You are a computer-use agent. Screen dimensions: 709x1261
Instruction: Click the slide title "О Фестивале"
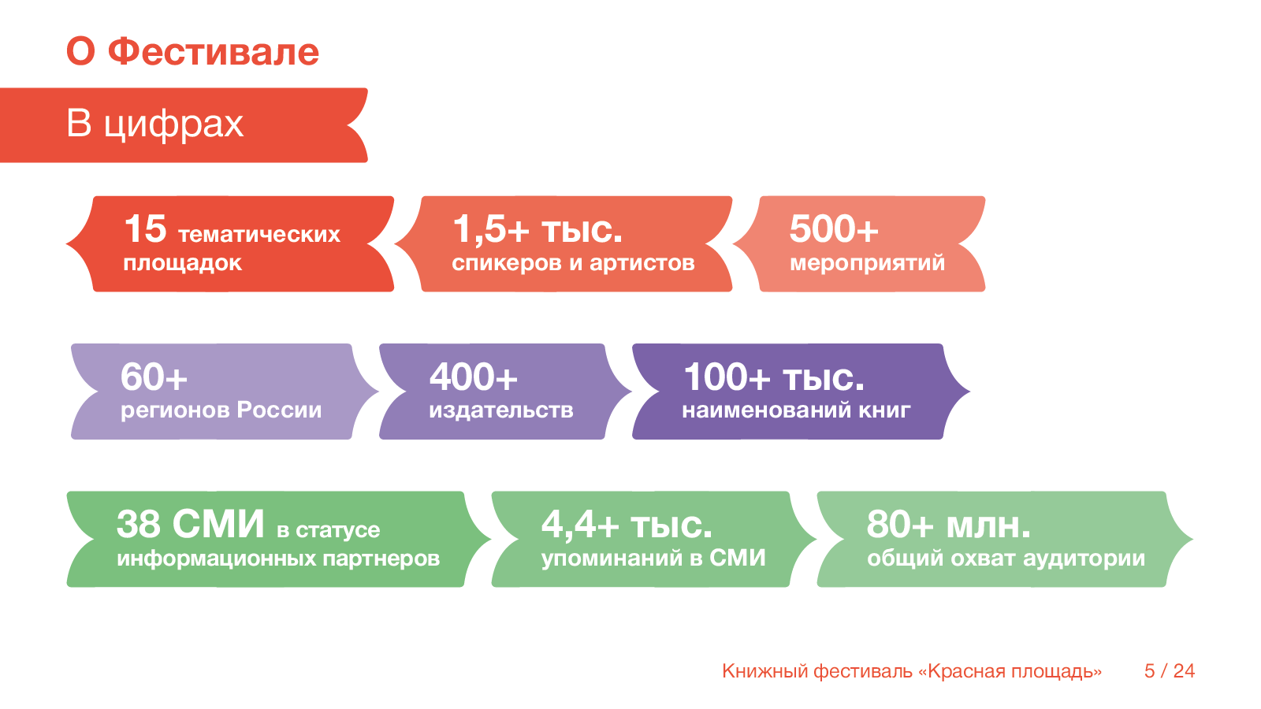tap(192, 52)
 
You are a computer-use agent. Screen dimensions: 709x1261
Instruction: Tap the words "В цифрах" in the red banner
tap(155, 124)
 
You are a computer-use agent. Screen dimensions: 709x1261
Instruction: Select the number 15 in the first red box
tap(146, 229)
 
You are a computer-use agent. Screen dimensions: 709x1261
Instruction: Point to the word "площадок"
tap(182, 263)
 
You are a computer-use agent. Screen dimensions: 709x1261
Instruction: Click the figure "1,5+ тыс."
tap(538, 229)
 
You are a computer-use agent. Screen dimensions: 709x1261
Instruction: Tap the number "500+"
tap(833, 229)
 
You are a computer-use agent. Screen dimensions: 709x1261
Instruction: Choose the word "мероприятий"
tap(867, 263)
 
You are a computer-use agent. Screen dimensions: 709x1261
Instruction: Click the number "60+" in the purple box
tap(154, 377)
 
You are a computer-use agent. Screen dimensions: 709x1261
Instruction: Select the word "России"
tap(279, 410)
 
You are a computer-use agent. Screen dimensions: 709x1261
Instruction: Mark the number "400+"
tap(473, 377)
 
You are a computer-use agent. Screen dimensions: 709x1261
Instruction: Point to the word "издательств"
tap(500, 410)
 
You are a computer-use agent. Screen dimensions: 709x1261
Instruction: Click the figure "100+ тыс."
tap(773, 377)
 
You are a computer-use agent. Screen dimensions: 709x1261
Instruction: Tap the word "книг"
tap(884, 410)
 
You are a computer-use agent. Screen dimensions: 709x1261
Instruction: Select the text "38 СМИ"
tap(190, 524)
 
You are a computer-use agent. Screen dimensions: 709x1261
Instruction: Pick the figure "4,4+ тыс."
tap(627, 524)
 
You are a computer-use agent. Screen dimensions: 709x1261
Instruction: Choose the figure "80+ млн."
tap(948, 524)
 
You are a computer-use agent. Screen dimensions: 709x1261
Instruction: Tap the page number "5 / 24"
tap(1170, 671)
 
